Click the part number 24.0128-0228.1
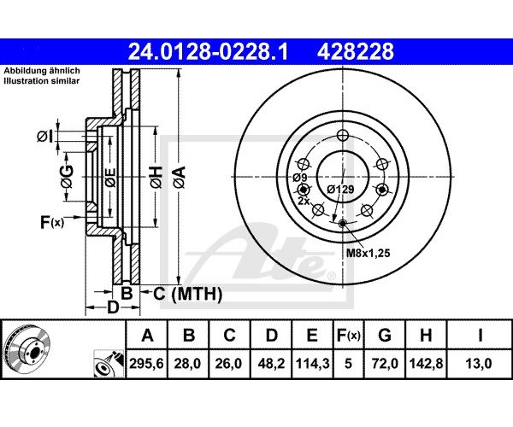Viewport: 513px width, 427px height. point(208,51)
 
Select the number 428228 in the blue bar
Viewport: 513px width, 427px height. point(355,51)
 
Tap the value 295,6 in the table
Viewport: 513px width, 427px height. point(146,363)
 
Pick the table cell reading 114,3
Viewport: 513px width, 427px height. point(312,363)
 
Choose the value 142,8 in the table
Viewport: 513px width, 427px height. point(426,363)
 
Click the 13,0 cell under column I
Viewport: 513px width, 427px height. point(480,363)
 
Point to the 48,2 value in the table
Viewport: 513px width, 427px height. point(271,363)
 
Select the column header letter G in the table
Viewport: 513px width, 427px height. point(385,336)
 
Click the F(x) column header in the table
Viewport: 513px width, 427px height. point(349,336)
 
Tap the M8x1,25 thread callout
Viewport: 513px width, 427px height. point(368,253)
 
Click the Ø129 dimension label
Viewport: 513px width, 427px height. point(340,189)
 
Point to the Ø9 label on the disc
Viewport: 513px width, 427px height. point(300,178)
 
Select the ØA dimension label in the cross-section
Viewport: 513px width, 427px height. point(180,177)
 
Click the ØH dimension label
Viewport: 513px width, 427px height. point(156,177)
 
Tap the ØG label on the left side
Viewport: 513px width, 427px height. point(67,177)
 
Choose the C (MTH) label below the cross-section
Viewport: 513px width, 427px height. point(187,294)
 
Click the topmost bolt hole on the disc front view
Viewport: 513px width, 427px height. point(343,135)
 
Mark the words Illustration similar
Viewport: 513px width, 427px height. point(42,81)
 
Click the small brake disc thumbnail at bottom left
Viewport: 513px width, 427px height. point(27,350)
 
